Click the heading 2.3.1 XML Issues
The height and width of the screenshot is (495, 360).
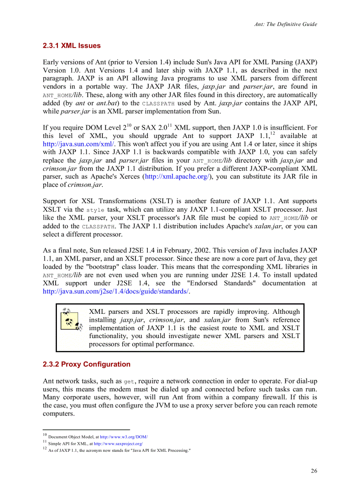pos(71,46)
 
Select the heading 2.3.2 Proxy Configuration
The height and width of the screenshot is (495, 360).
pos(86,365)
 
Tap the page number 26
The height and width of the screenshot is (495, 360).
pos(314,471)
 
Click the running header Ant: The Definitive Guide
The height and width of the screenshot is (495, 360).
pos(285,24)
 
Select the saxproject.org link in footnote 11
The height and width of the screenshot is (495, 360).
pos(118,443)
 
